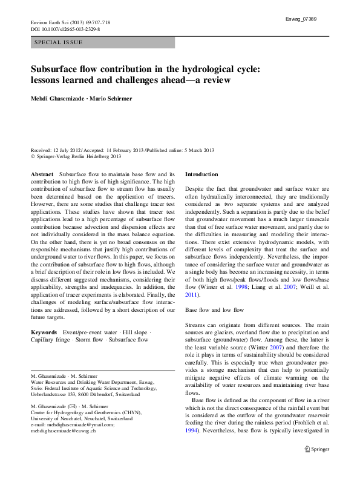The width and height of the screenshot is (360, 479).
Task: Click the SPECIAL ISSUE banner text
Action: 59,42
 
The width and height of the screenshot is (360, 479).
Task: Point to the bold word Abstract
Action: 42,174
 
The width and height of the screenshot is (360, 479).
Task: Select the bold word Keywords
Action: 44,332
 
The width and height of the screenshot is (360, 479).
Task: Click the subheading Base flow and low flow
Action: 214,309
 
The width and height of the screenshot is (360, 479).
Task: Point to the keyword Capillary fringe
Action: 50,340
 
